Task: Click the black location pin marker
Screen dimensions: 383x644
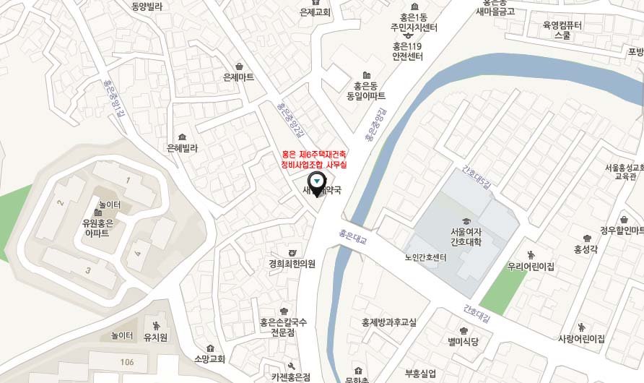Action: click(316, 184)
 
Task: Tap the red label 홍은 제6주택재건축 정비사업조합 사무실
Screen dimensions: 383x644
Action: click(314, 160)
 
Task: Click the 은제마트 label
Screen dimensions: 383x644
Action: click(239, 77)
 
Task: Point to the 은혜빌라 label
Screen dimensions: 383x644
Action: click(182, 147)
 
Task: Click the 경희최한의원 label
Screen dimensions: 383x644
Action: click(292, 263)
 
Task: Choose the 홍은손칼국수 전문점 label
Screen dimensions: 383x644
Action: click(284, 327)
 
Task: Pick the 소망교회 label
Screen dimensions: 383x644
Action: click(210, 358)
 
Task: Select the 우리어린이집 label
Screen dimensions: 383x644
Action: click(531, 266)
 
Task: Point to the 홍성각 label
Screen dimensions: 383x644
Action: click(586, 249)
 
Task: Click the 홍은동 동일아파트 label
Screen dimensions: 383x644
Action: click(366, 90)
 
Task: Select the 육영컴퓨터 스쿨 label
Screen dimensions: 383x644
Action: click(562, 30)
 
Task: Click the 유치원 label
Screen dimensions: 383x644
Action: click(156, 337)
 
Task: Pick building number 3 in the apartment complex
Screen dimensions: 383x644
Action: click(88, 270)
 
